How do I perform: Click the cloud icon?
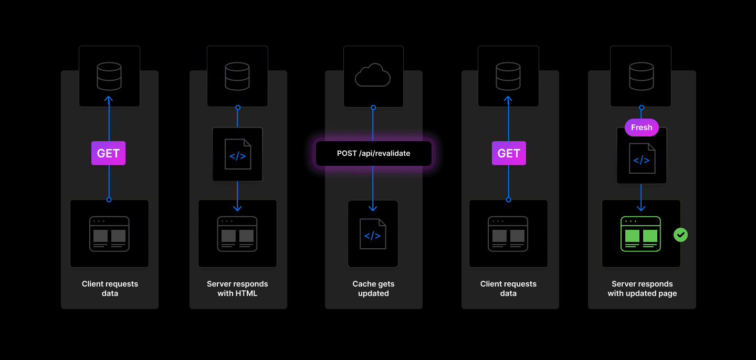pyautogui.click(x=373, y=76)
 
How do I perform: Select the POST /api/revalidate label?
pyautogui.click(x=373, y=153)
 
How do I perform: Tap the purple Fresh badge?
pyautogui.click(x=642, y=128)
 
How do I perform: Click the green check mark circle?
pyautogui.click(x=681, y=235)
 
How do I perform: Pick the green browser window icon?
pyautogui.click(x=640, y=234)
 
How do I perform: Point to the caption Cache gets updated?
pyautogui.click(x=373, y=289)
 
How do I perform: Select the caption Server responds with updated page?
pyautogui.click(x=642, y=289)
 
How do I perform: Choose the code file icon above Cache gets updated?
pyautogui.click(x=373, y=234)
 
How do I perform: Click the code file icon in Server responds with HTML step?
pyautogui.click(x=237, y=154)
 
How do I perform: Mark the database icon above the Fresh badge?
pyautogui.click(x=641, y=76)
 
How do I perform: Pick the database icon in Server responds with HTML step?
pyautogui.click(x=237, y=76)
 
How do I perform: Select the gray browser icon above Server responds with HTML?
pyautogui.click(x=237, y=234)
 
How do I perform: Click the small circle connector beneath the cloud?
pyautogui.click(x=373, y=108)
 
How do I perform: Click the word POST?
pyautogui.click(x=347, y=153)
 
